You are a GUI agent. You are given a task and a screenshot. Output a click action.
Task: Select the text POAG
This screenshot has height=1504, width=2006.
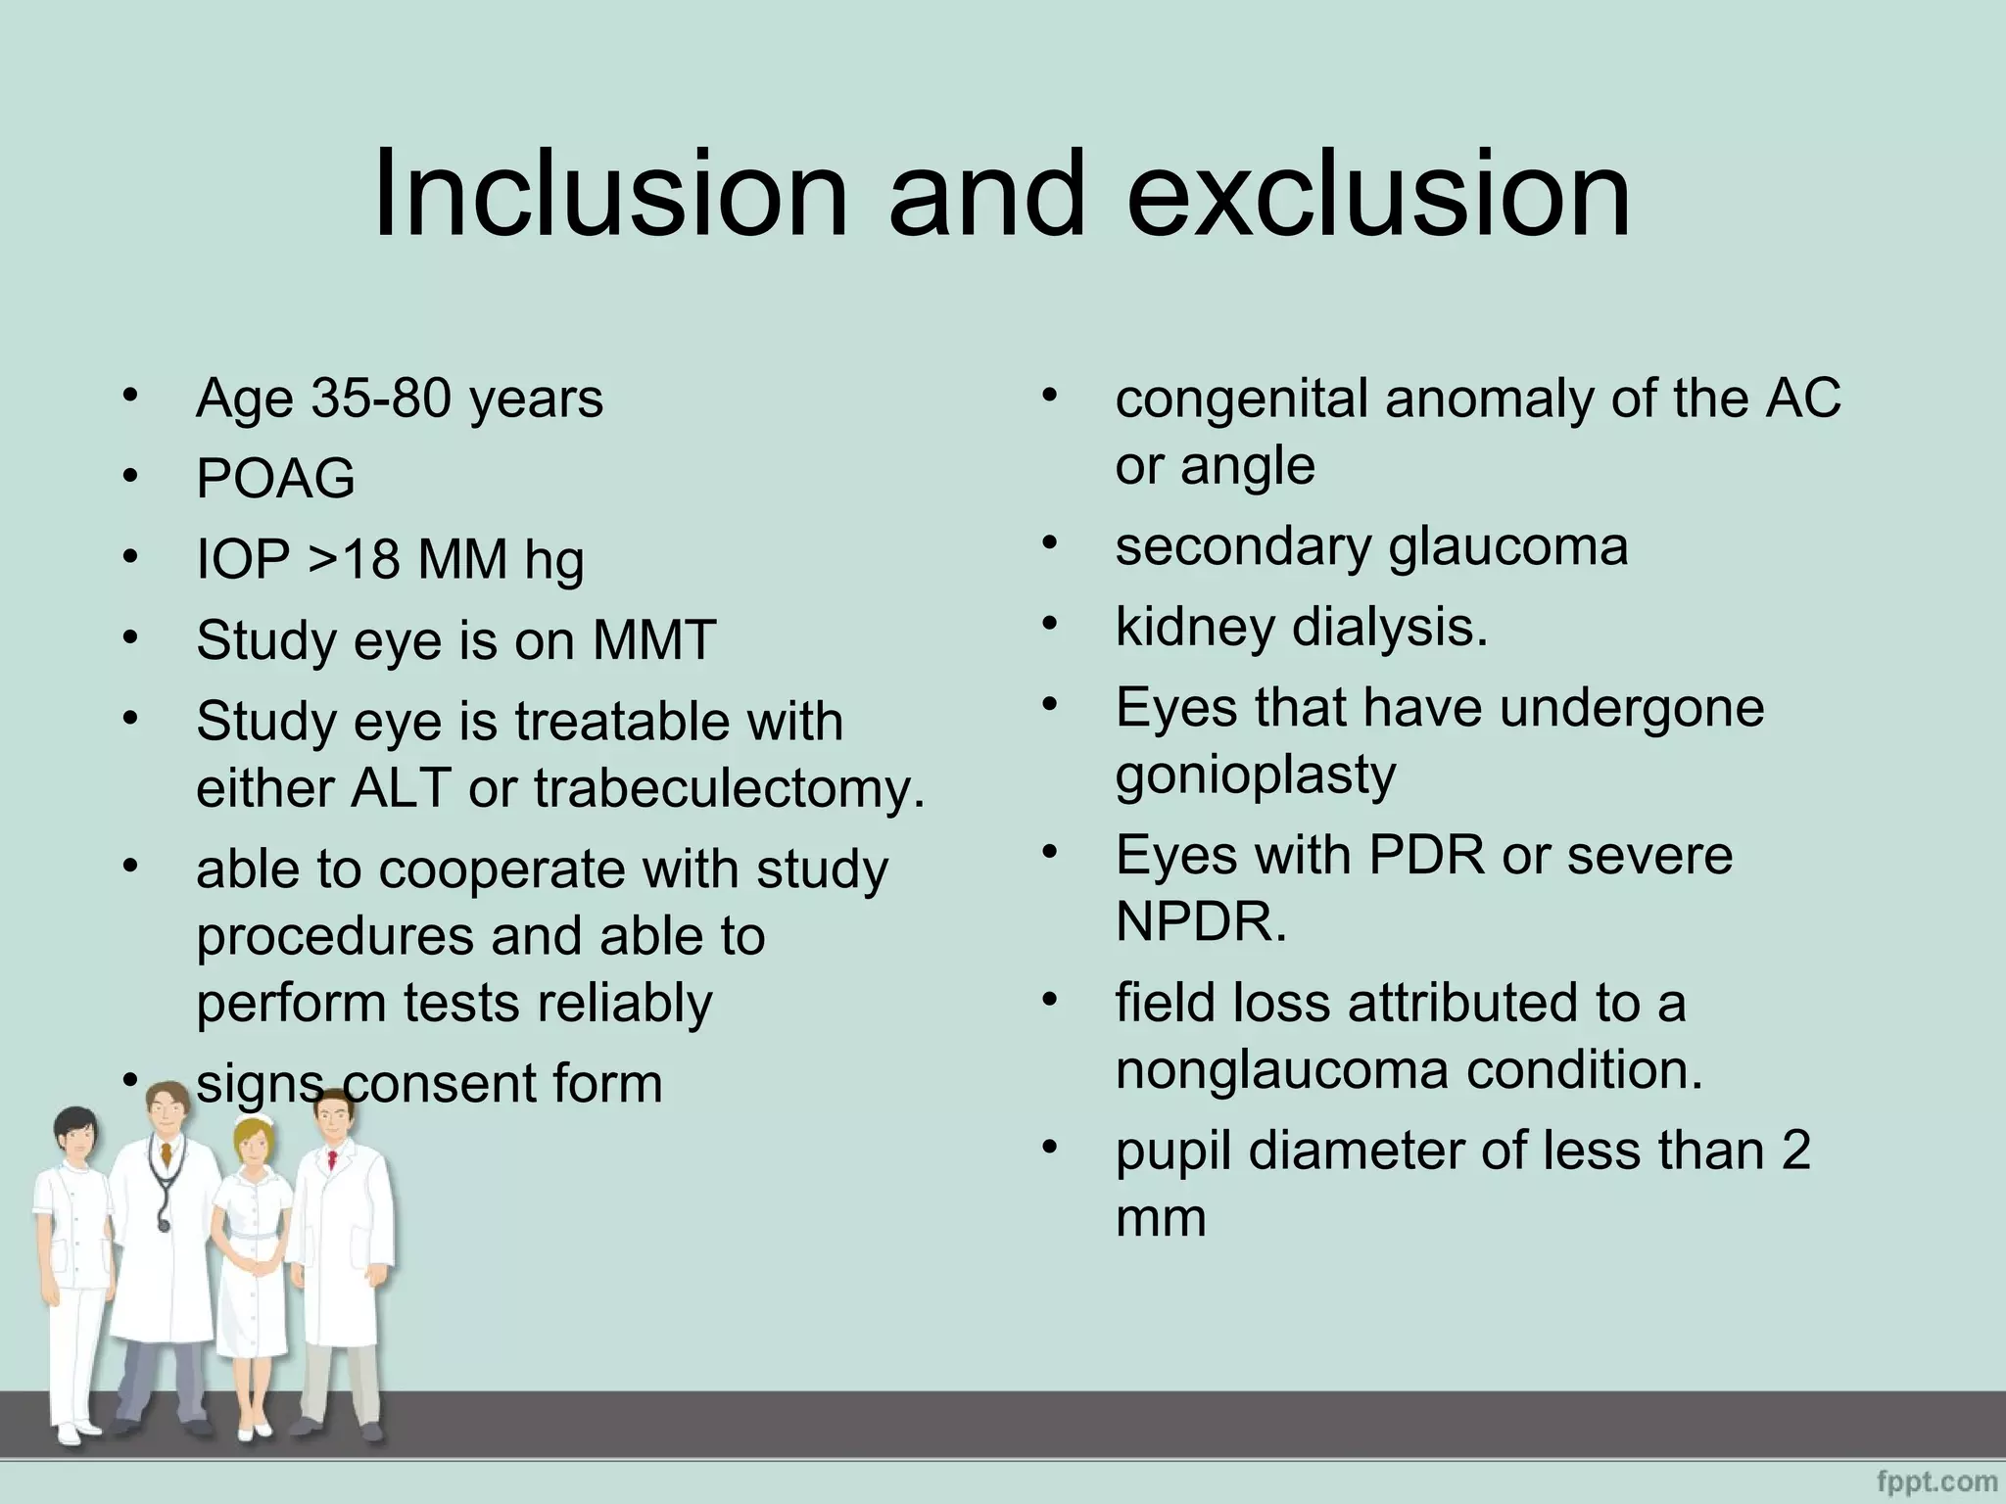(275, 479)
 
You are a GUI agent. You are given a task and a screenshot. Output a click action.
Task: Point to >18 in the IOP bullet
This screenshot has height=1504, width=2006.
(354, 560)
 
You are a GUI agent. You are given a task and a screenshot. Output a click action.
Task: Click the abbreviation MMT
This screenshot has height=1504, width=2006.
(653, 640)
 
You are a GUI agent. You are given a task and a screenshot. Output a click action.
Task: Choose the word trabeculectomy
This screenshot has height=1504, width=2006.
(729, 788)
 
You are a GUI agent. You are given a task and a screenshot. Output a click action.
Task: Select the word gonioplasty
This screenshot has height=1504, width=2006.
(1255, 775)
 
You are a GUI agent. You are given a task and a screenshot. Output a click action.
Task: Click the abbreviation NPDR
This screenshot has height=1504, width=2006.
(1200, 921)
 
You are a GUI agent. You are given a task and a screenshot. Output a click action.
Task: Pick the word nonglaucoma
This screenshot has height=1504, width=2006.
(1282, 1069)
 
